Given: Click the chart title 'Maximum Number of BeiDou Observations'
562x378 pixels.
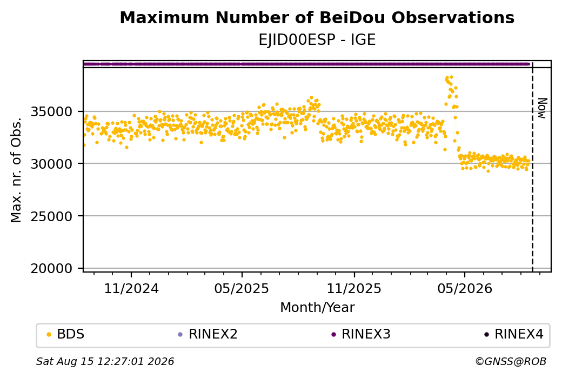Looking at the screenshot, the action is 317,17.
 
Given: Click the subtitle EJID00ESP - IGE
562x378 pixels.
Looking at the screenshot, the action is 317,40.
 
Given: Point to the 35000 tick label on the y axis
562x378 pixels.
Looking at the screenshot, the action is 52,111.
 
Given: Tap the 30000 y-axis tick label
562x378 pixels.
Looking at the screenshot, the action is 52,164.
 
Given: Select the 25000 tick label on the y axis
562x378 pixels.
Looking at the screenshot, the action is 52,216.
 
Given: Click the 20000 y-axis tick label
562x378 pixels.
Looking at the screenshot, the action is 52,268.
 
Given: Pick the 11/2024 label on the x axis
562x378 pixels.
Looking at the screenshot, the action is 131,288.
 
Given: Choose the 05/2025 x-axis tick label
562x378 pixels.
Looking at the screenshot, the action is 242,288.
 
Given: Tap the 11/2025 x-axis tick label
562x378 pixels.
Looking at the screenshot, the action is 354,288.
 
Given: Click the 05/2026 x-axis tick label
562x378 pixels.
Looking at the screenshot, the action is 465,288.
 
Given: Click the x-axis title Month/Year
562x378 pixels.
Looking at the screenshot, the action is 317,307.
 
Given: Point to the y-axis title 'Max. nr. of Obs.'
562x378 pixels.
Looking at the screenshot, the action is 16,170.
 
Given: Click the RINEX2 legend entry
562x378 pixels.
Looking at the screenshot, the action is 208,334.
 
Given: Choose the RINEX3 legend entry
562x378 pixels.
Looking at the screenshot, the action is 361,334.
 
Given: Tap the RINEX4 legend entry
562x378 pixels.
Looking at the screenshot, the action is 514,334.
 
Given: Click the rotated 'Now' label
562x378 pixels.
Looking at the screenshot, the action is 543,108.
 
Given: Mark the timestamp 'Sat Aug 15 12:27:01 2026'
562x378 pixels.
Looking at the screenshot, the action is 105,361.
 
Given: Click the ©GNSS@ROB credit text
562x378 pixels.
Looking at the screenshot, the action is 511,361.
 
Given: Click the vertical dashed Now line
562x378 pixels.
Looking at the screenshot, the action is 532,167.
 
